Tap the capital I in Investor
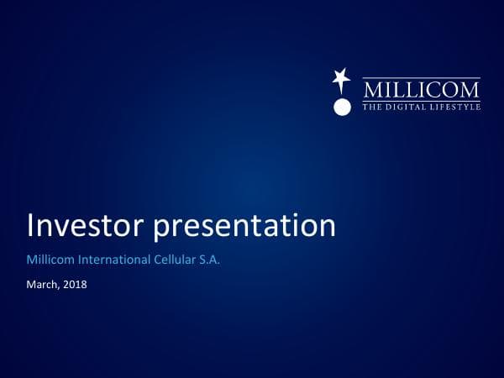pos(32,226)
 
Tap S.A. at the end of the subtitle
pos(210,261)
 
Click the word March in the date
pos(44,285)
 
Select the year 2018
pos(75,285)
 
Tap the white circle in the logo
pos(341,107)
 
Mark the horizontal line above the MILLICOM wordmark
pos(421,79)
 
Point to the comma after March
pos(60,287)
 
